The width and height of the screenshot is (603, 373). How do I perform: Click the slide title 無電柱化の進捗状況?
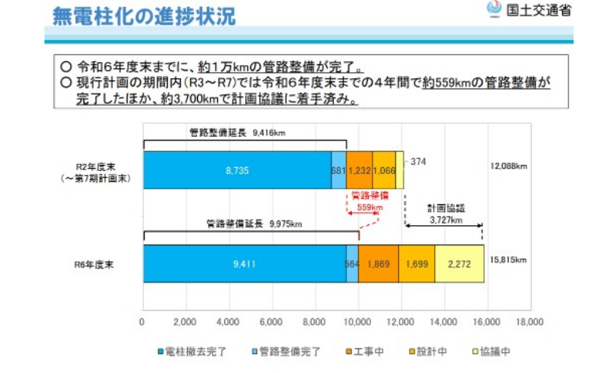click(145, 15)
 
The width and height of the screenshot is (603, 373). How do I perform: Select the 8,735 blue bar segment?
click(237, 169)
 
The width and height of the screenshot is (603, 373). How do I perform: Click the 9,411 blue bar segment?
click(244, 264)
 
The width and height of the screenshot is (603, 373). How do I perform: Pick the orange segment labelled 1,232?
click(359, 169)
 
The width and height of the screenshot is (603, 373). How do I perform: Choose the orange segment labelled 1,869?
click(378, 264)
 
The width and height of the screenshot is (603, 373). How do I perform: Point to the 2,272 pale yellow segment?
click(459, 264)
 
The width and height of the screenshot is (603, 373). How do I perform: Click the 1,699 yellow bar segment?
click(417, 264)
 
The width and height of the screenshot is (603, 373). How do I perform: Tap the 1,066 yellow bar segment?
click(383, 169)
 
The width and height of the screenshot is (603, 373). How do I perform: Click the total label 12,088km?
click(509, 166)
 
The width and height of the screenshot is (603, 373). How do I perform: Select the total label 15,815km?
click(509, 259)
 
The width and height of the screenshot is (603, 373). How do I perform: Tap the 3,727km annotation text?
click(445, 220)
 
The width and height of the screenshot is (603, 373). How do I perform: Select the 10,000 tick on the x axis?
click(358, 321)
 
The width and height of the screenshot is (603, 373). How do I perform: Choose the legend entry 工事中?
click(368, 351)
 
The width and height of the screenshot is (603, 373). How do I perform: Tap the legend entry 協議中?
click(492, 351)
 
